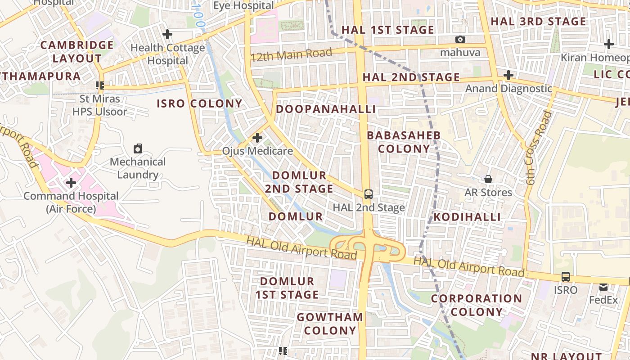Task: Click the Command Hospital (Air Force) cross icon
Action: tap(71, 183)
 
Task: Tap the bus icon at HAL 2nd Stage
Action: tap(369, 194)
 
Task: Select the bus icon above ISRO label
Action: tap(566, 277)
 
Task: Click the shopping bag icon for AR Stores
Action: tap(488, 179)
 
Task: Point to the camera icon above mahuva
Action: tap(460, 40)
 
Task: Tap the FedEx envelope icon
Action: tap(603, 287)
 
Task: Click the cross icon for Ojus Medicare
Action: tap(257, 137)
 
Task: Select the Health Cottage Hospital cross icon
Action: tap(167, 34)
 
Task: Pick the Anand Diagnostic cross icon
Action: tap(508, 75)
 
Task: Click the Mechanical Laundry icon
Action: tap(138, 148)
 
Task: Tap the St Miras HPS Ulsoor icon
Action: tap(100, 85)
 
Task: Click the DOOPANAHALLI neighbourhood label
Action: tap(326, 109)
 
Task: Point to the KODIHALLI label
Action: tap(467, 217)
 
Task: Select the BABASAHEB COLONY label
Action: tap(404, 142)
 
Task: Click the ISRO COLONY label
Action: tap(199, 103)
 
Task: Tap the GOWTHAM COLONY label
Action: tap(330, 324)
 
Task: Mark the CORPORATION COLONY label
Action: tap(477, 305)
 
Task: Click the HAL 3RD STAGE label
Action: tap(538, 22)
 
